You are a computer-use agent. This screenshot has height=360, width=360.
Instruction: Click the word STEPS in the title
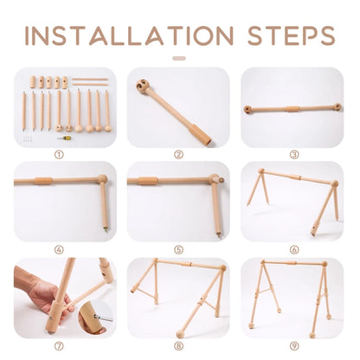pos(282,35)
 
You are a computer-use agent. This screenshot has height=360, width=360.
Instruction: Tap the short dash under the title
pos(179,59)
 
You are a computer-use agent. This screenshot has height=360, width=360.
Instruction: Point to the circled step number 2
pos(179,155)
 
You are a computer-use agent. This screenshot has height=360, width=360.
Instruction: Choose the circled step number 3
pos(293,155)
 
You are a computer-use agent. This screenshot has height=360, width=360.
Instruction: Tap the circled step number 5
pos(179,249)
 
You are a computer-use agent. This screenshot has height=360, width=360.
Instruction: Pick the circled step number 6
pos(293,249)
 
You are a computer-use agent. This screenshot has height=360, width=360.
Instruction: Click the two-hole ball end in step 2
pos(144,87)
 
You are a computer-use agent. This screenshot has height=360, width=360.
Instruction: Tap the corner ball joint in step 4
pos(103,180)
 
